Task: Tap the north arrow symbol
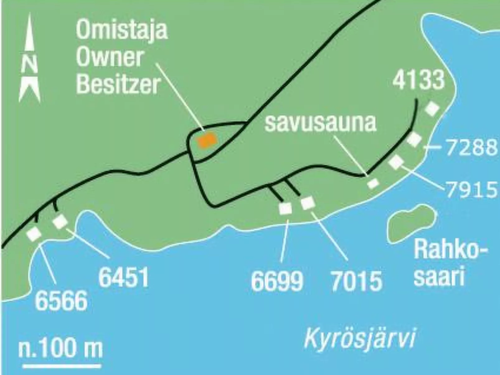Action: [30, 59]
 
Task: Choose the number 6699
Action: [277, 281]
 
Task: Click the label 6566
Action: [61, 301]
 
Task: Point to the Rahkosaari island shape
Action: [411, 223]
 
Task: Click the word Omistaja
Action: [122, 30]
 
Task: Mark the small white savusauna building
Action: [373, 183]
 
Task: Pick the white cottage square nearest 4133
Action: [432, 109]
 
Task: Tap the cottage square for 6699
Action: [285, 209]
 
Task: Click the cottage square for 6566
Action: [34, 233]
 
